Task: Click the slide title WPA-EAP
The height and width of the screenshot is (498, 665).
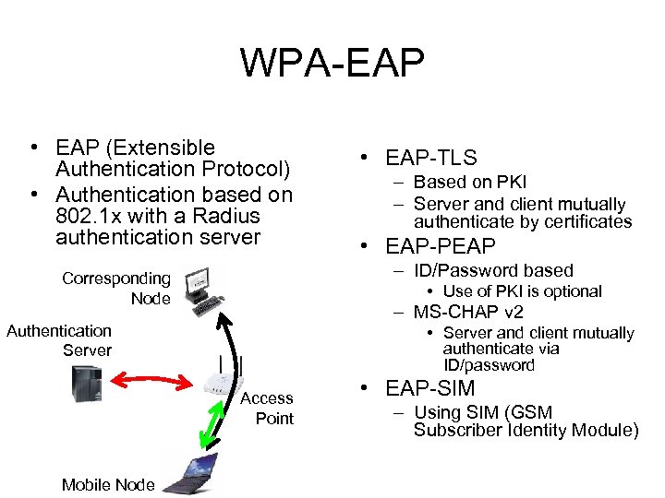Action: [332, 63]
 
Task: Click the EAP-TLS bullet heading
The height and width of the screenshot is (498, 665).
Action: [431, 159]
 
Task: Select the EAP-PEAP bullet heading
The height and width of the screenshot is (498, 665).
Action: [441, 246]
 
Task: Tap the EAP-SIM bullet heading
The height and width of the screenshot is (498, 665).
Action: [430, 388]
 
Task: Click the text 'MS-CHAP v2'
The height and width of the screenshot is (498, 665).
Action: [468, 312]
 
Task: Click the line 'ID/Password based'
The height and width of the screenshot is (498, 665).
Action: [493, 270]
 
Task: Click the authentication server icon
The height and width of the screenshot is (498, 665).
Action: [87, 384]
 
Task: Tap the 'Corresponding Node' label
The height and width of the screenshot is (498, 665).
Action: [117, 288]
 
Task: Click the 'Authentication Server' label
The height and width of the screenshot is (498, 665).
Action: [60, 340]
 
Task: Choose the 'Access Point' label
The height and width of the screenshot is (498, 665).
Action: [267, 408]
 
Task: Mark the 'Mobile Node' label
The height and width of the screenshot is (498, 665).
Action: [108, 485]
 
